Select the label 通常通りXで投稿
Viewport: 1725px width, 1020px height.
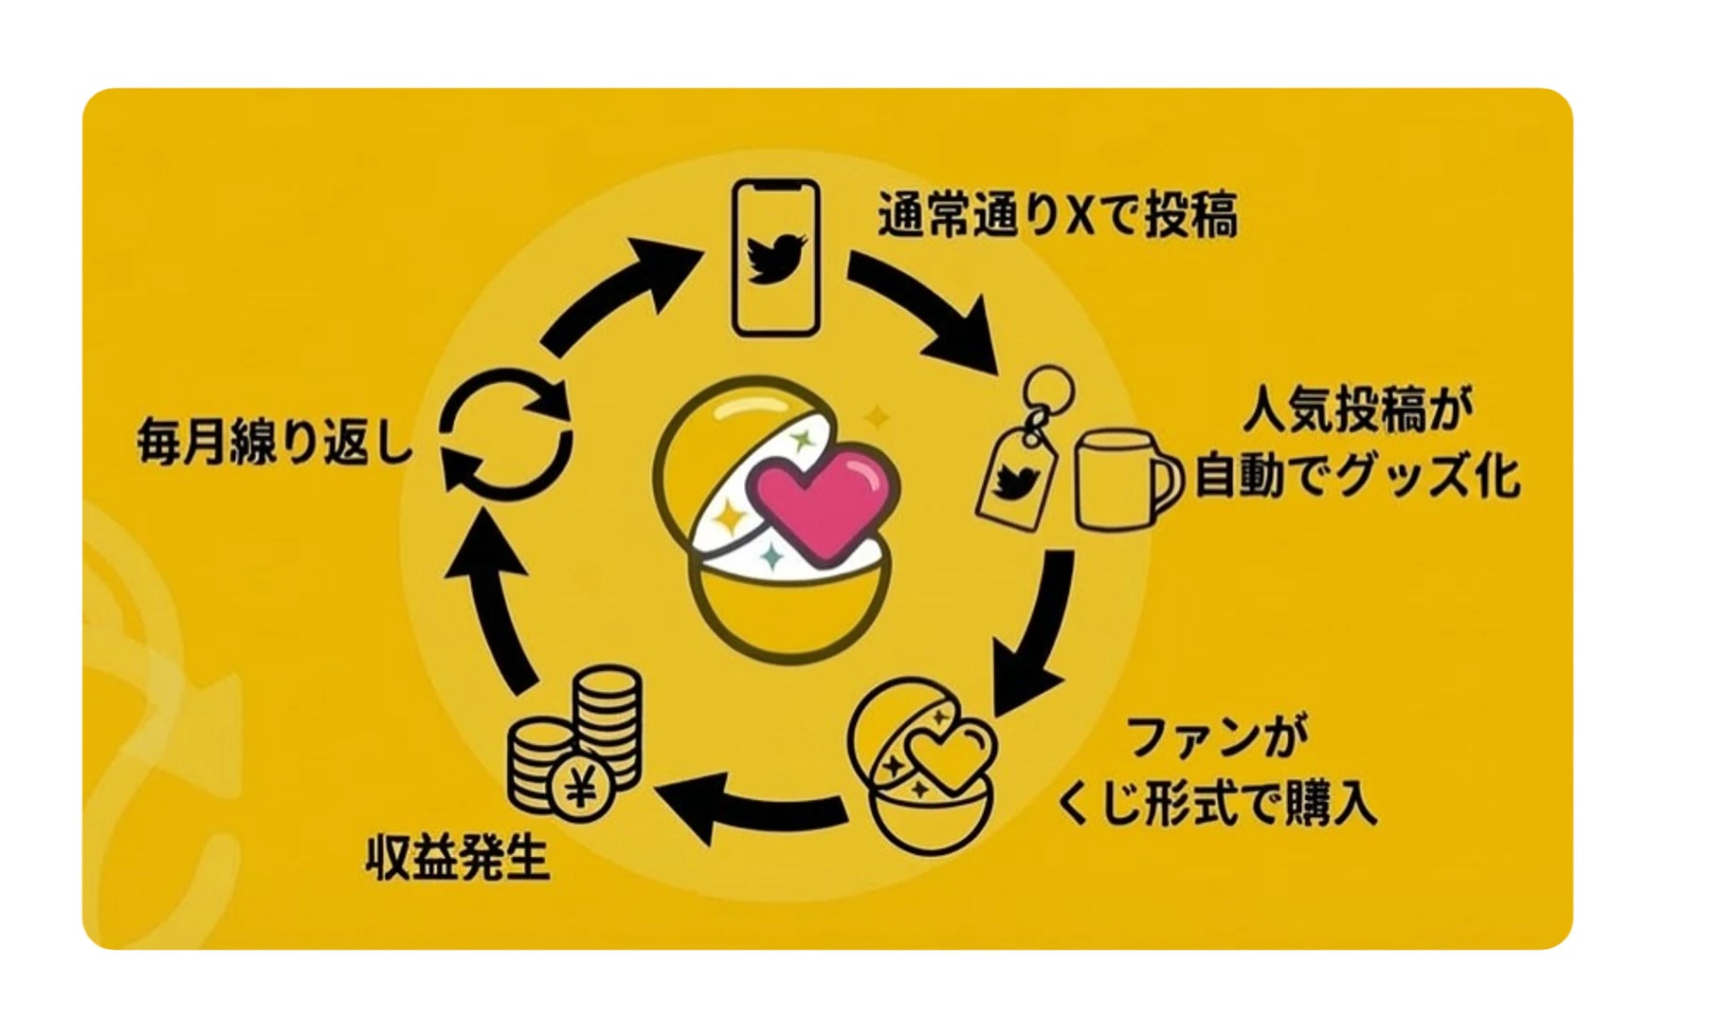(1057, 216)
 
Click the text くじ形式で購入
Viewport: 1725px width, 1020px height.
(1216, 808)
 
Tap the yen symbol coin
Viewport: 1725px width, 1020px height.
(581, 789)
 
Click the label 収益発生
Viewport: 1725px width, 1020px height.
(458, 861)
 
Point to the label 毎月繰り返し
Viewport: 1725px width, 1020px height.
(275, 441)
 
